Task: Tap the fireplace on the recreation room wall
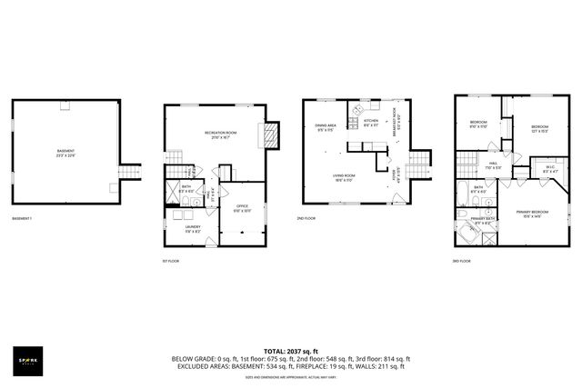271,135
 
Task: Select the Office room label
242,208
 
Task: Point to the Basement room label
65,152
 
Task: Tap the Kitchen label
371,123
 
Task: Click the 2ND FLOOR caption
307,219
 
